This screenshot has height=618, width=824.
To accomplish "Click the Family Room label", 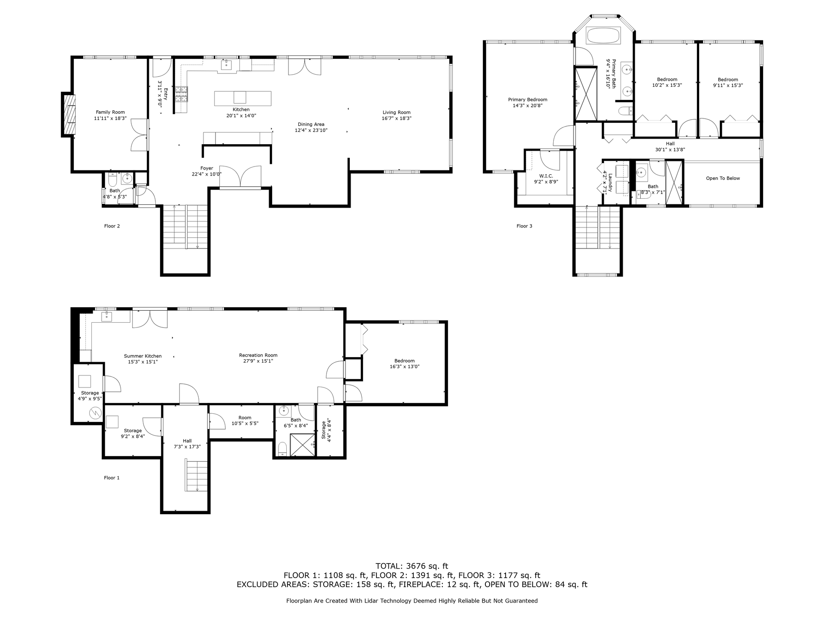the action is [x=110, y=112].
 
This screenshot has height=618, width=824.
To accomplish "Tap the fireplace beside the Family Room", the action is [x=69, y=115].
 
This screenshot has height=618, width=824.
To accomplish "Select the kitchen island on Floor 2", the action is [x=242, y=98].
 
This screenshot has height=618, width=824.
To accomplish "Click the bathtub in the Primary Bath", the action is [x=603, y=36].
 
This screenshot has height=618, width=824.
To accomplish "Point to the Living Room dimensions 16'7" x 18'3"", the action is [x=397, y=118].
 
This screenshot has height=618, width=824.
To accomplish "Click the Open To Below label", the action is [x=723, y=179].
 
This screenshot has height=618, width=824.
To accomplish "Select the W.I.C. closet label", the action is [x=546, y=176].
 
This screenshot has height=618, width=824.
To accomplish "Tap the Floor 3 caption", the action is [x=524, y=226].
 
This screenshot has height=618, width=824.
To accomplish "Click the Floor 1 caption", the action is [x=112, y=478].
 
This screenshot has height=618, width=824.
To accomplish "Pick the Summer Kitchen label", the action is [x=143, y=356].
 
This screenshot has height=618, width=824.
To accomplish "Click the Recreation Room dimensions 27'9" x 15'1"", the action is [x=258, y=361].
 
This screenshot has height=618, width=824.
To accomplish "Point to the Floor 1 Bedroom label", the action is [x=405, y=361].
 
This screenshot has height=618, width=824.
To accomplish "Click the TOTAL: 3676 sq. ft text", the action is [x=412, y=566].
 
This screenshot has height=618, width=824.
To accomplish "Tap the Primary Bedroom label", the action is [x=528, y=100].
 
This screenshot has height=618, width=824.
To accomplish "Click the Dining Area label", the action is [x=311, y=124].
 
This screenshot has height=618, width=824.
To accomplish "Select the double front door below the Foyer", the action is [x=240, y=177].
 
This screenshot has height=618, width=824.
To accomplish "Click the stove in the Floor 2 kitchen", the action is [x=181, y=94].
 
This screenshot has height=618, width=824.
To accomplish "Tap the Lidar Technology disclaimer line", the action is [x=412, y=601].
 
